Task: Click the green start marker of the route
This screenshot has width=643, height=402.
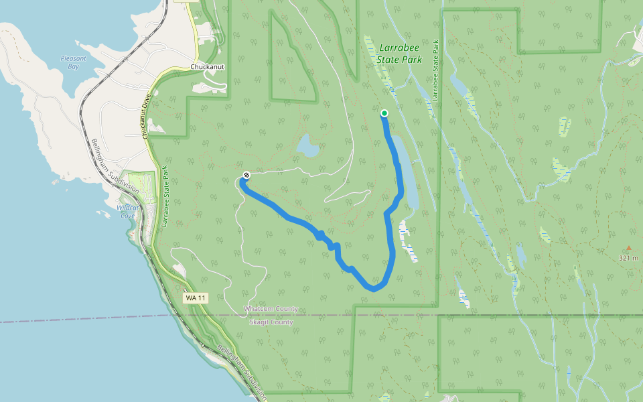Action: [384, 113]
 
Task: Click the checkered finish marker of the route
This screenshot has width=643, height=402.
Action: [246, 176]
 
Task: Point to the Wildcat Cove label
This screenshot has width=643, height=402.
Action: [127, 212]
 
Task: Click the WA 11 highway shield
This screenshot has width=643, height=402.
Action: [194, 297]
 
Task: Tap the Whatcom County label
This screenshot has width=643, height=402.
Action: [271, 309]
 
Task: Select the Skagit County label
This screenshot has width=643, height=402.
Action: [271, 322]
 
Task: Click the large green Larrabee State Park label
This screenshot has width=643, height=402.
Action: [401, 54]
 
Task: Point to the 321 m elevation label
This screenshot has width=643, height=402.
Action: [629, 258]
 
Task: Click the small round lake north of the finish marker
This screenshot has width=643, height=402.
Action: [308, 145]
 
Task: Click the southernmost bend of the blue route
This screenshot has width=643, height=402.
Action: [374, 289]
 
